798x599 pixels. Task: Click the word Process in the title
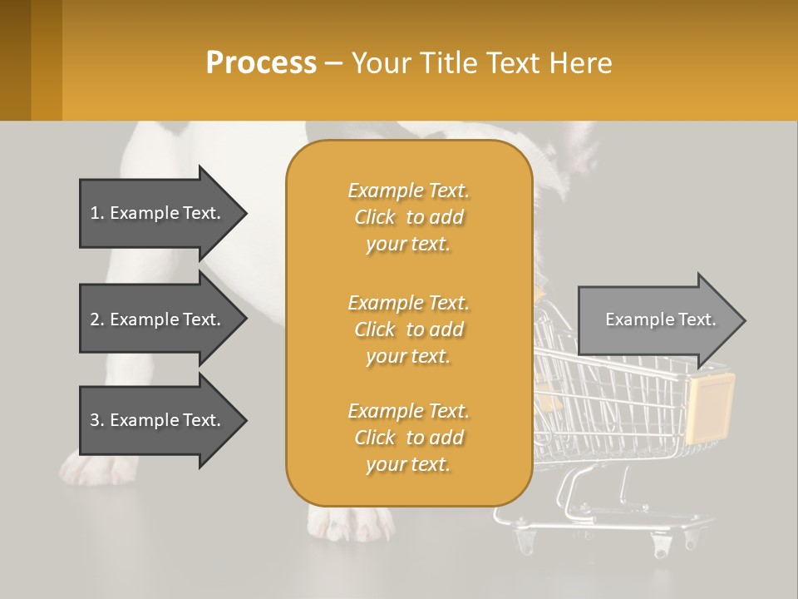coord(261,63)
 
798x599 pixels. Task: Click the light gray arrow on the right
coord(657,319)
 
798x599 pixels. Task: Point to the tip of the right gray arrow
coord(744,320)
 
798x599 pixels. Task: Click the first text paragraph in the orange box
coord(408,217)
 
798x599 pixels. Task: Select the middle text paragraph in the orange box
coord(408,329)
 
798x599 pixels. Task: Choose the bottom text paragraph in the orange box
coord(408,438)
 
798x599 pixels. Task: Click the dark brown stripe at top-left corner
coord(15,60)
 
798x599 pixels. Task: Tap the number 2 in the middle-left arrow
coord(95,319)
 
